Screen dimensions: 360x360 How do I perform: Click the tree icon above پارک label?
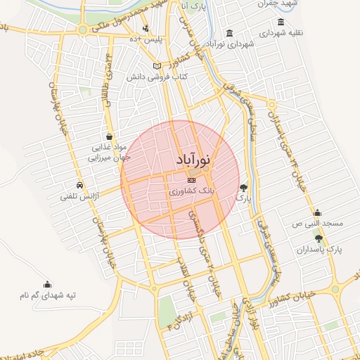pyautogui.click(x=244, y=187)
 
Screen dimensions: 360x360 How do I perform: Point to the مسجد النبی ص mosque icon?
pyautogui.click(x=318, y=213)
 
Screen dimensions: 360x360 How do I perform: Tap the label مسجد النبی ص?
pyautogui.click(x=318, y=224)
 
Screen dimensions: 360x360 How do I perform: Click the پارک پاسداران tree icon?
pyautogui.click(x=319, y=240)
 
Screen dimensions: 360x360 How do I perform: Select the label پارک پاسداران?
pyautogui.click(x=319, y=250)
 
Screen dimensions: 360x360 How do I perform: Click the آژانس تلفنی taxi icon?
pyautogui.click(x=82, y=186)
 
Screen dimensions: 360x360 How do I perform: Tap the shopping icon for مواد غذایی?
pyautogui.click(x=109, y=136)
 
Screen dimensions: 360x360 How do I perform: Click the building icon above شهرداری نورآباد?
pyautogui.click(x=230, y=33)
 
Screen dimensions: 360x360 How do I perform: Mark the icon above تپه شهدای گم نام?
pyautogui.click(x=47, y=285)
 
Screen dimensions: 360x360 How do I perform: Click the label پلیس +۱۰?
pyautogui.click(x=150, y=39)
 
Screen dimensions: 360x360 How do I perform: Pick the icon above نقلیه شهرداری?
pyautogui.click(x=281, y=22)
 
